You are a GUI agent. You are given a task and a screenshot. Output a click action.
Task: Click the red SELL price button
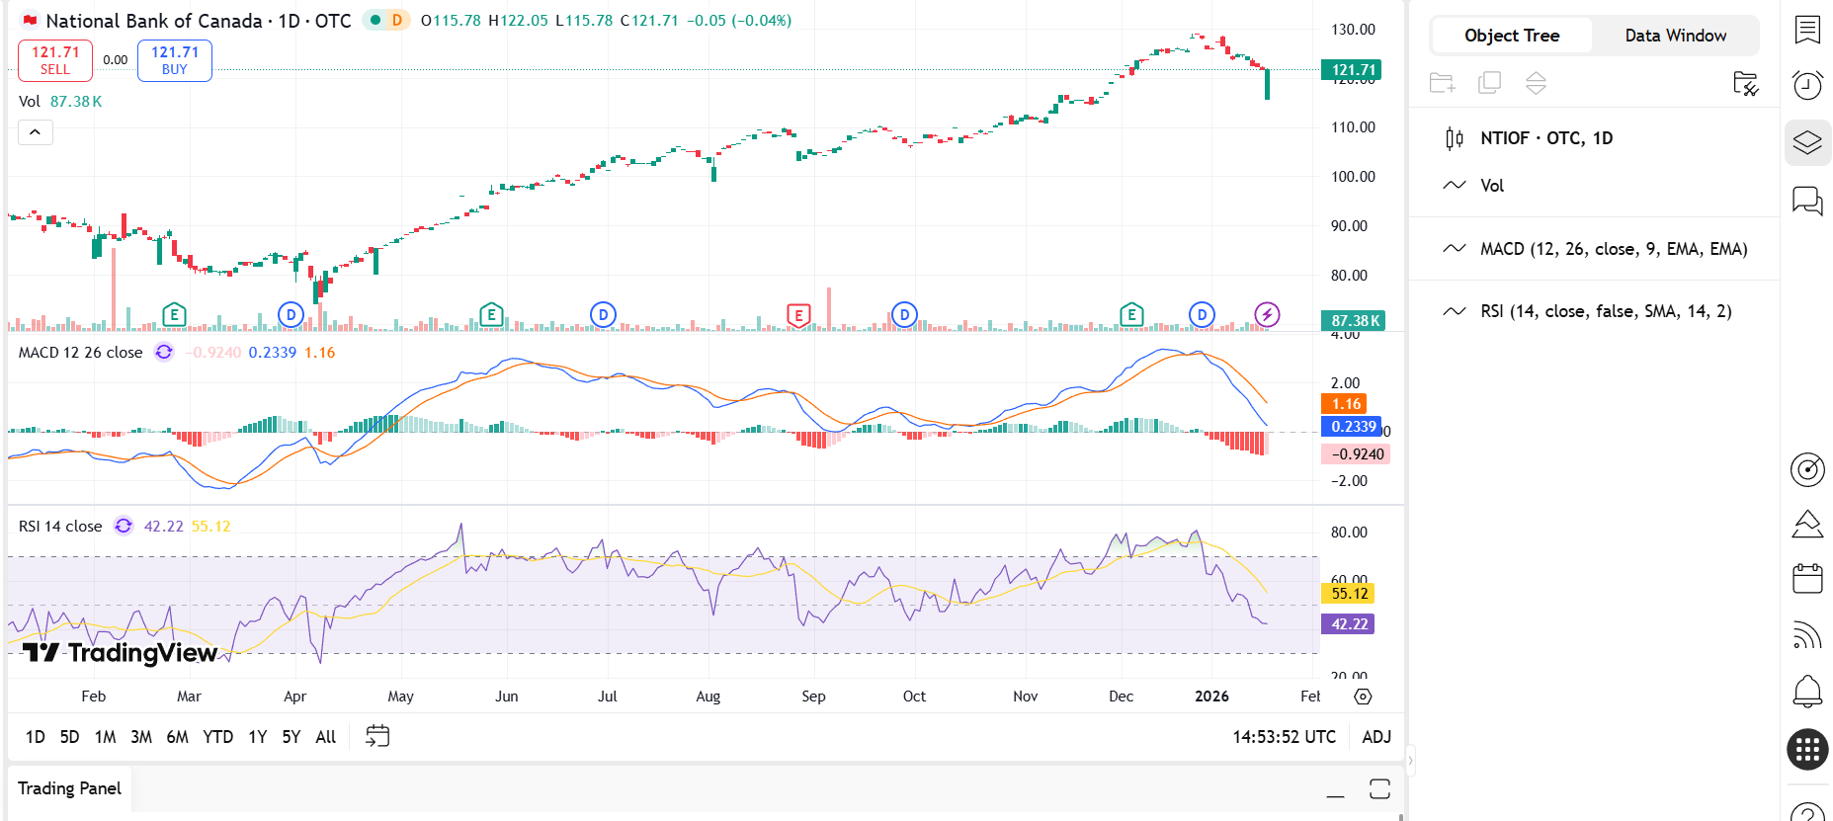coord(55,60)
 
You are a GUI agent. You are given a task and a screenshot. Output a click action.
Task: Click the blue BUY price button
coord(175,60)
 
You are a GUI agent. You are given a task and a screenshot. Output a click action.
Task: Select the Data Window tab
coord(1675,36)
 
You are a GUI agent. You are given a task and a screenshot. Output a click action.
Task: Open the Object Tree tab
coord(1511,36)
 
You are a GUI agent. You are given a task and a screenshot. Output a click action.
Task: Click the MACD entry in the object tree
coord(1613,249)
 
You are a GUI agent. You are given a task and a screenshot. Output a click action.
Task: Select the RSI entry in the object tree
coord(1605,311)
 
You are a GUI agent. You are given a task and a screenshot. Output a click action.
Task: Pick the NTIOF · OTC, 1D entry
coord(1545,138)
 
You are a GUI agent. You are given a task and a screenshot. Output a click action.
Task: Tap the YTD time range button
coord(217,737)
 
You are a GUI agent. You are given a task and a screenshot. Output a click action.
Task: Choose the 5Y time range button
coord(291,737)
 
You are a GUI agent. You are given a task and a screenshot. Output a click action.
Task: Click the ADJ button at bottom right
coord(1375,737)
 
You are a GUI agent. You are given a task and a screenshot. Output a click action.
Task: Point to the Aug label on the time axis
coord(708,697)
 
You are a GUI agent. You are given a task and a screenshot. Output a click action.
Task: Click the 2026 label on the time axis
coord(1211,697)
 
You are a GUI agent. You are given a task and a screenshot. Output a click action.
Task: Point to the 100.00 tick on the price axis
coord(1353,177)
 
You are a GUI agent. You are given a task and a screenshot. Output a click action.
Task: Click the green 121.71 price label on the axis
coord(1352,70)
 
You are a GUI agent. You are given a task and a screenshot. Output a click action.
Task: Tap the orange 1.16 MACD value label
coord(1345,404)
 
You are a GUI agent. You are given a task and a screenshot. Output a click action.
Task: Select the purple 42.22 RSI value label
coord(1349,624)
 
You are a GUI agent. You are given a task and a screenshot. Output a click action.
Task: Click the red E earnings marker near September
coord(798,315)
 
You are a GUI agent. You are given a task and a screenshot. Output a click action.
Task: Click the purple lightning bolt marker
coord(1267,315)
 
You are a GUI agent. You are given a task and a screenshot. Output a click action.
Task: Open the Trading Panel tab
coord(69,788)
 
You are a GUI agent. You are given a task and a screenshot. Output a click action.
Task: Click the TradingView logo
coord(121,653)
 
